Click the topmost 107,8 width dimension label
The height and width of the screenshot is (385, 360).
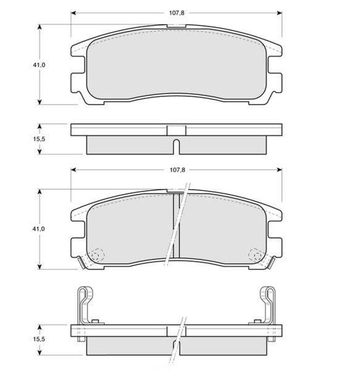coord(176,13)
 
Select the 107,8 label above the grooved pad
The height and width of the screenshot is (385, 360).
coord(177,170)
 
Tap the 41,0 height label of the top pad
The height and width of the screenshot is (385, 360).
coord(39,65)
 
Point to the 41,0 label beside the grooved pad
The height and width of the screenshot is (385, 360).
coord(38,229)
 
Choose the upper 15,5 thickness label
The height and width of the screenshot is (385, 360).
coord(39,139)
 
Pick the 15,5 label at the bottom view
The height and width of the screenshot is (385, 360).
coord(39,339)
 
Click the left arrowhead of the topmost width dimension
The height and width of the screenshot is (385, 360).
coord(73,13)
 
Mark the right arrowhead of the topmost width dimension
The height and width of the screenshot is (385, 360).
coord(280,13)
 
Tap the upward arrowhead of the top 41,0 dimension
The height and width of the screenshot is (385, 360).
coord(40,27)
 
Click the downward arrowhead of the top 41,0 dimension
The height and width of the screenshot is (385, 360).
coord(40,102)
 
